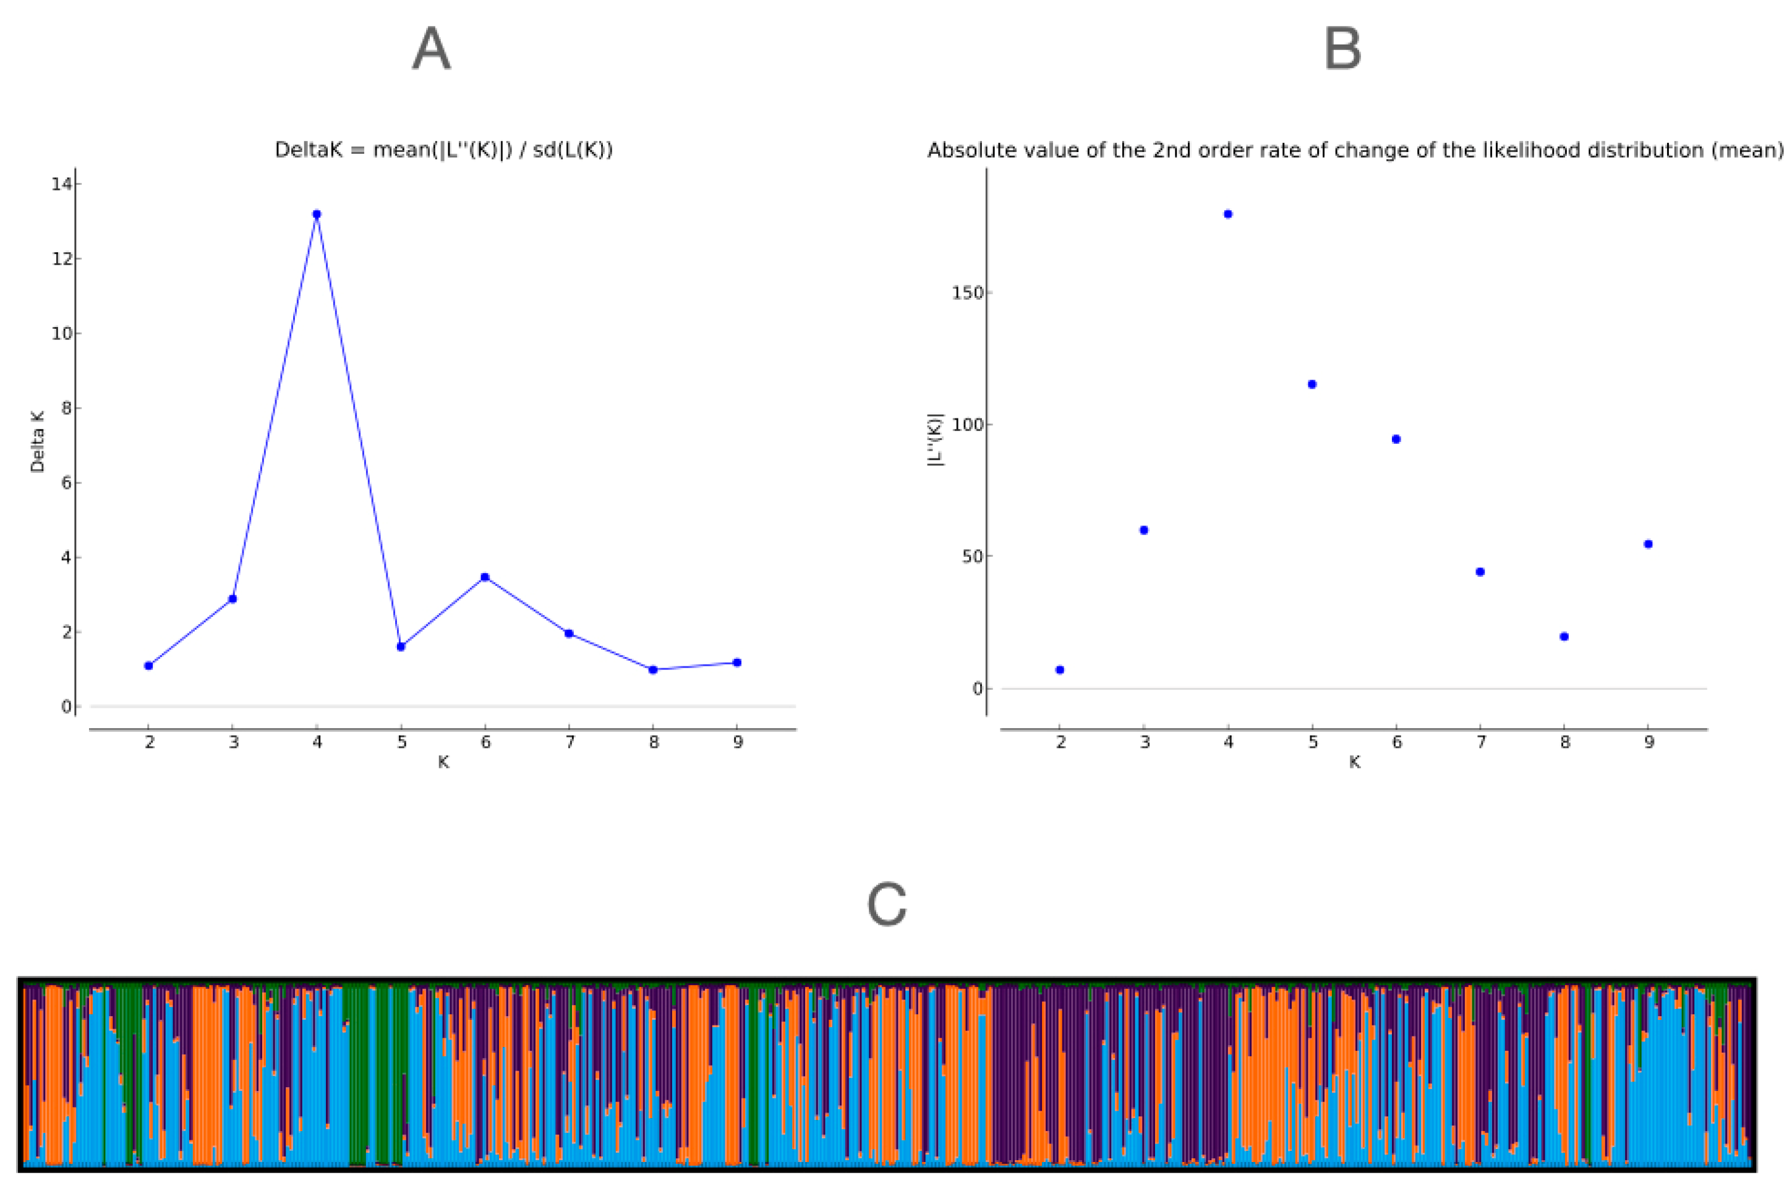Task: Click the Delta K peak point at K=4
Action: pos(317,214)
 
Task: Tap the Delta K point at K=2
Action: pos(149,666)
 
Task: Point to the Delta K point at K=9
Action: pos(737,663)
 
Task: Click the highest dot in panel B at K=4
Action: pos(1228,214)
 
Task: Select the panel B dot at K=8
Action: pos(1564,637)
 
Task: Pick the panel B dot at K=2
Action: pos(1060,670)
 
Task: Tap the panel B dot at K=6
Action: pos(1396,439)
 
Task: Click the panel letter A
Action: pos(431,49)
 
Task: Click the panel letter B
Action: pos(1342,49)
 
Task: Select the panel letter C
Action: pos(887,905)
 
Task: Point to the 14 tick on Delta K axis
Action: pos(61,184)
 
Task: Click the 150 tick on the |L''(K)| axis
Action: pos(967,293)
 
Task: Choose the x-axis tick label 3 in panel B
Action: pos(1145,742)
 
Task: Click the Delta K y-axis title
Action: pos(37,442)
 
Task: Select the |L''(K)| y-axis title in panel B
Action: pos(936,440)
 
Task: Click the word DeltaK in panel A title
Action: pos(309,150)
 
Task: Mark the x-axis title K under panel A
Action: pos(443,762)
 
